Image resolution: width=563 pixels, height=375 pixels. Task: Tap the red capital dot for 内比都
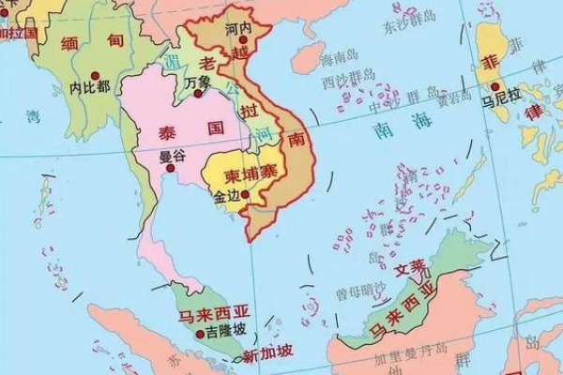click(94, 73)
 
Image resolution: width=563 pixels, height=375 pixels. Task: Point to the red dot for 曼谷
click(170, 168)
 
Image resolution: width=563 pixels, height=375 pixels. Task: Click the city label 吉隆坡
click(228, 332)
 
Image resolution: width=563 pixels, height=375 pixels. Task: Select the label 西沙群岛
click(343, 82)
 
